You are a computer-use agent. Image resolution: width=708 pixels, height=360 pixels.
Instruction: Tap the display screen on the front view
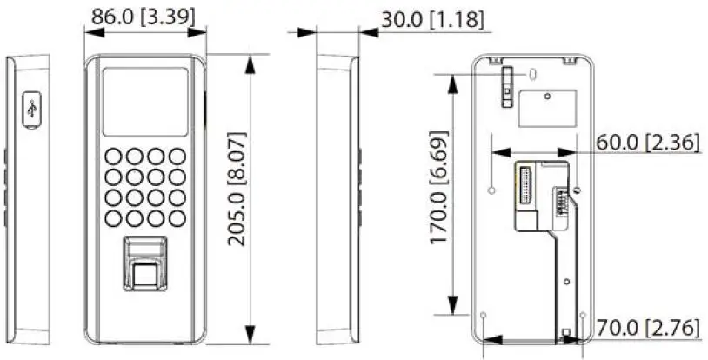[x=145, y=102]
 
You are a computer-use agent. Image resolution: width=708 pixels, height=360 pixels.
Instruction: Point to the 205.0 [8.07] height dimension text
[x=237, y=190]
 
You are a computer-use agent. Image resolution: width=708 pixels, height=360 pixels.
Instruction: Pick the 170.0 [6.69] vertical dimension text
[x=441, y=196]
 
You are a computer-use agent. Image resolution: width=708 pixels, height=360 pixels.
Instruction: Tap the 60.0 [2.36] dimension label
[x=648, y=143]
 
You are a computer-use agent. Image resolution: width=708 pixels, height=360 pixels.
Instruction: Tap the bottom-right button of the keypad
[x=177, y=218]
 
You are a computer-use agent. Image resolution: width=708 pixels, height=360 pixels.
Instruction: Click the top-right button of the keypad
[x=177, y=157]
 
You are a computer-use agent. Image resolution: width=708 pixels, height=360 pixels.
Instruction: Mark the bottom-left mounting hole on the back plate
[x=484, y=316]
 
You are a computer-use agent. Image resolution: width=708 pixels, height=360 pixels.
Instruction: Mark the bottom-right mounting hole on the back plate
[x=582, y=316]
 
